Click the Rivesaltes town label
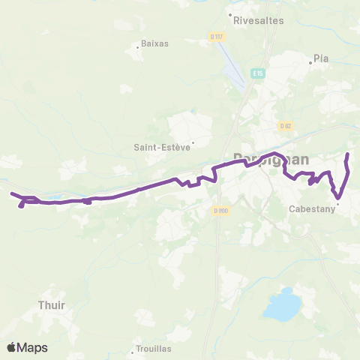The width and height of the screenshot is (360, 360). coord(259,21)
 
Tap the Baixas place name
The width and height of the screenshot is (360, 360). coord(155,43)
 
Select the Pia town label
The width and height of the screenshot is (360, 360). coord(322,58)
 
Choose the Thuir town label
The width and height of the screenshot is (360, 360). coord(52,305)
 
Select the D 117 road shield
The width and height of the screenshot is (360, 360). coord(216,36)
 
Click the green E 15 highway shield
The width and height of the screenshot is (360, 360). coord(258,73)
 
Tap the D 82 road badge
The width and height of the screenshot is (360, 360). coord(285,126)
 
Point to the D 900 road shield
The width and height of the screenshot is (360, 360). coord(220,210)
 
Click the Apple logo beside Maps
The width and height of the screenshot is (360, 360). coord(11,347)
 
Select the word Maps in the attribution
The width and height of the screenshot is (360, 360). coord(33,347)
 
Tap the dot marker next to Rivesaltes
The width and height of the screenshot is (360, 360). coord(230,14)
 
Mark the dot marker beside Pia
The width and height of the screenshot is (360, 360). coord(310,63)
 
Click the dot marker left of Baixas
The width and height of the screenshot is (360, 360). coord(138,47)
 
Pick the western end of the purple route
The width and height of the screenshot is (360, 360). coord(11,193)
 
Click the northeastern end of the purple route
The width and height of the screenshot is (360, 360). coord(347,154)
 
